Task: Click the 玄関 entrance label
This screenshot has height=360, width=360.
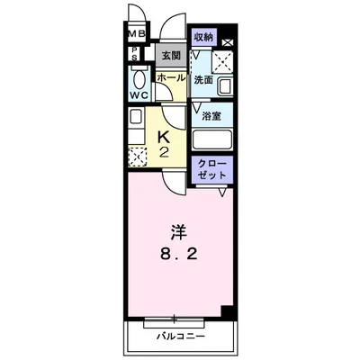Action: click(170, 56)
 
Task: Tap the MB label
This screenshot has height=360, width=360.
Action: click(135, 36)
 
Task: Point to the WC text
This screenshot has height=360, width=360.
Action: click(139, 95)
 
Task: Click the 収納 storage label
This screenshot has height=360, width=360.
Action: click(202, 38)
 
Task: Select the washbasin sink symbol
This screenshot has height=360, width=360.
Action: click(224, 86)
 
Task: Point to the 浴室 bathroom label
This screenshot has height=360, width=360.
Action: click(212, 116)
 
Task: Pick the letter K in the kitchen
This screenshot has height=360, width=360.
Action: click(164, 135)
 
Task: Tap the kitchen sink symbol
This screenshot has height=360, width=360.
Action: click(135, 118)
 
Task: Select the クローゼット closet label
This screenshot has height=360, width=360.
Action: click(211, 169)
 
